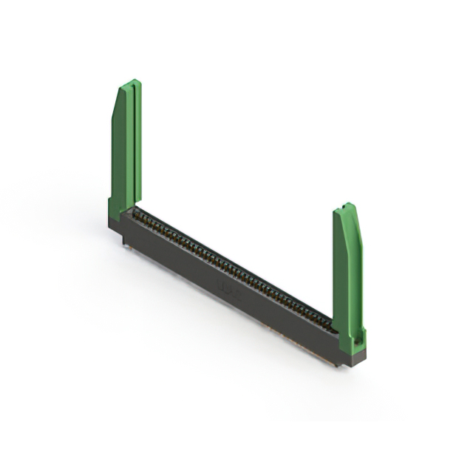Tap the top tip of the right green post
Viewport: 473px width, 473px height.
345,206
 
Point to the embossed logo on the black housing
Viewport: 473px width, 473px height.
225,285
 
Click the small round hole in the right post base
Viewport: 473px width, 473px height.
356,341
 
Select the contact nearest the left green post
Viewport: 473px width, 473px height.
137,214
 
